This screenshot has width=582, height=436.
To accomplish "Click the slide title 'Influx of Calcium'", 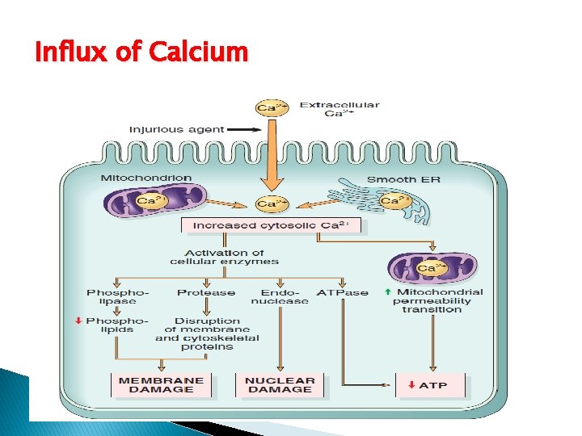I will [x=141, y=52].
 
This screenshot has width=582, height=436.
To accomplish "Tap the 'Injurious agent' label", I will [x=167, y=129].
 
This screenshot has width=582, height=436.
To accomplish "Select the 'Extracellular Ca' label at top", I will [x=339, y=109].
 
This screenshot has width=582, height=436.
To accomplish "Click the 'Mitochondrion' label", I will [x=146, y=178].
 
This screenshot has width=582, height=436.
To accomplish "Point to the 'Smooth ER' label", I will [x=403, y=179].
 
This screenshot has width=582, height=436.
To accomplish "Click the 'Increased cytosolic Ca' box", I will [x=272, y=226].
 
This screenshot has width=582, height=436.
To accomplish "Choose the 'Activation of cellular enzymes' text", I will [x=224, y=257].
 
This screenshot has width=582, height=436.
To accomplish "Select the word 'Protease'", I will [x=206, y=292].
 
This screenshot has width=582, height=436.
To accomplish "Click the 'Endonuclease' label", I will [x=280, y=296].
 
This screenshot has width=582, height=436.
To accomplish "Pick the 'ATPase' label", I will [x=342, y=292].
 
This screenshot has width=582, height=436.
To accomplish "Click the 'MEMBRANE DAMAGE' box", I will [x=162, y=385].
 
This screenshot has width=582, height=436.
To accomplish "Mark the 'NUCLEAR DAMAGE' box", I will [x=280, y=385].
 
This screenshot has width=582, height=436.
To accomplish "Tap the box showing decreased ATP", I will [x=432, y=385].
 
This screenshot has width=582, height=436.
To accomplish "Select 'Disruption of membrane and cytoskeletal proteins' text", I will [x=207, y=333].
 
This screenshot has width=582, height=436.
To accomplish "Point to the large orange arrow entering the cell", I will [x=272, y=157].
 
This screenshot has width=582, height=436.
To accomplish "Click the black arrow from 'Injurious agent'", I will [x=236, y=129].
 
